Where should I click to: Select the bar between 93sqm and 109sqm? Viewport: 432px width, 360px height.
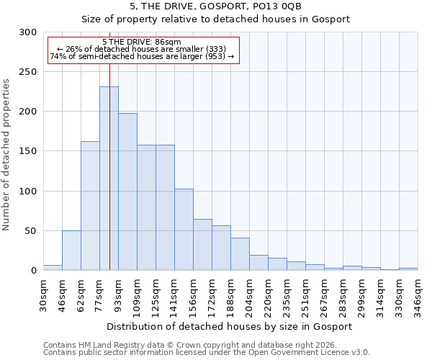pyautogui.click(x=127, y=192)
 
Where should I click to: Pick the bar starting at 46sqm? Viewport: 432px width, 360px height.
pyautogui.click(x=71, y=250)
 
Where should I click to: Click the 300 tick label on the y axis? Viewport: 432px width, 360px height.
pyautogui.click(x=28, y=32)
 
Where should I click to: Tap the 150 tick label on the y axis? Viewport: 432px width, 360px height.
pyautogui.click(x=28, y=151)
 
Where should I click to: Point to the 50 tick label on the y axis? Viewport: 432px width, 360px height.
pyautogui.click(x=31, y=231)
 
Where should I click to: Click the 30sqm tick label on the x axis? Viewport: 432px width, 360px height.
pyautogui.click(x=44, y=293)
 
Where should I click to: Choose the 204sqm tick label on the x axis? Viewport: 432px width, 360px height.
pyautogui.click(x=250, y=295)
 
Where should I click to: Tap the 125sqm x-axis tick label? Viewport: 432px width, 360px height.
pyautogui.click(x=156, y=295)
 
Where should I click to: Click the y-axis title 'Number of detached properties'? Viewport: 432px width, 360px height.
pyautogui.click(x=6, y=155)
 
